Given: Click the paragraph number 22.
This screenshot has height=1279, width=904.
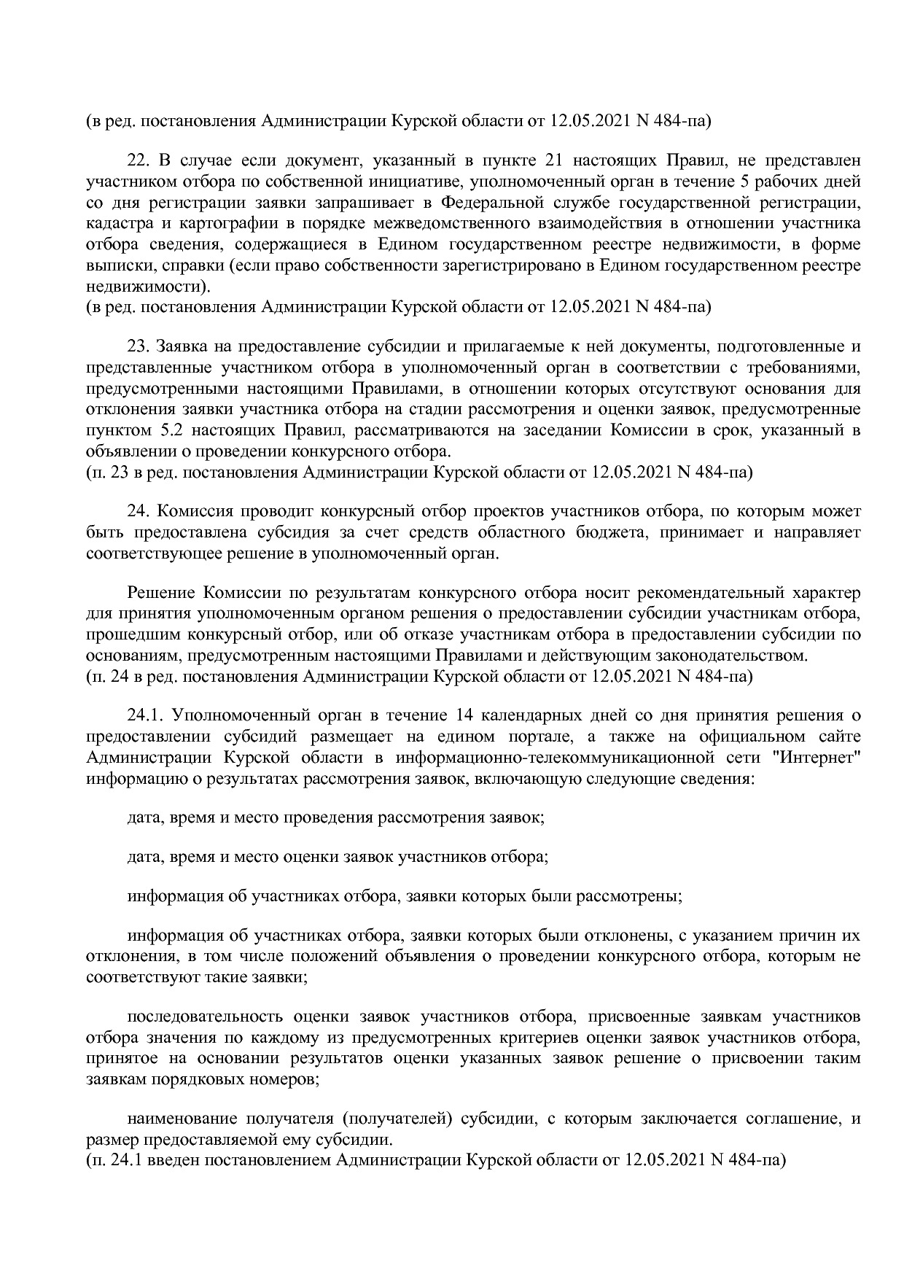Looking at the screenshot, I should coord(139,160).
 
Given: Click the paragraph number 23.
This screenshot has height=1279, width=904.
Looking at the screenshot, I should coord(139,345).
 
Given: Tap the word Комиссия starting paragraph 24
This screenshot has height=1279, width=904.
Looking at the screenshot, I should coord(190,510).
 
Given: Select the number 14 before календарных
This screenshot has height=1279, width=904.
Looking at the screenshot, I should coord(462,715).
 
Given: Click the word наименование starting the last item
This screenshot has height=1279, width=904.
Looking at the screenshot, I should coord(182,1119).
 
